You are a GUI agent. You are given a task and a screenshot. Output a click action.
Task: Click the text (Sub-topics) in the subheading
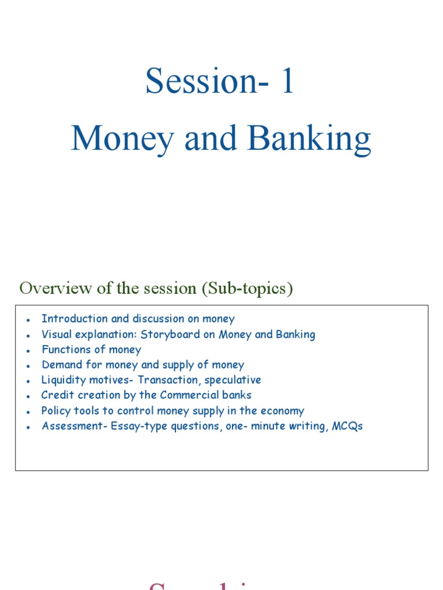pyautogui.click(x=247, y=288)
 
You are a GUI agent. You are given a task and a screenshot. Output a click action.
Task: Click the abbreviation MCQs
pyautogui.click(x=347, y=426)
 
